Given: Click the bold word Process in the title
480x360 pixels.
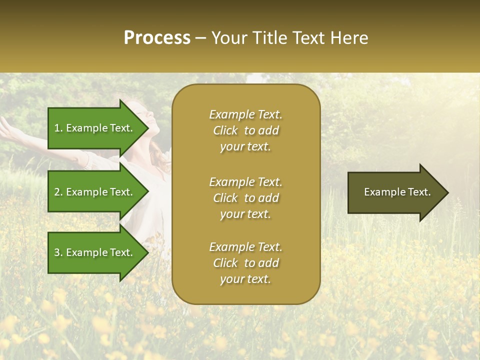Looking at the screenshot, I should pos(157,38).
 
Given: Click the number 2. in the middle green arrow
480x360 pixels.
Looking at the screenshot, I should pos(58,192).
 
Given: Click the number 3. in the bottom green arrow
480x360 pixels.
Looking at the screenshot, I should pos(58,252).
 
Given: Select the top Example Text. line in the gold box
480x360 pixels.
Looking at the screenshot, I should pos(246,114).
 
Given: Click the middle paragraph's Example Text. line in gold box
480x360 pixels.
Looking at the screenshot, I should pos(246,182).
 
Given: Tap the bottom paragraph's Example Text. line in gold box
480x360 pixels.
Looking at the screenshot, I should pos(246,247).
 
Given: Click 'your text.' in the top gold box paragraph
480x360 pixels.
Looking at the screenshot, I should pos(245,147).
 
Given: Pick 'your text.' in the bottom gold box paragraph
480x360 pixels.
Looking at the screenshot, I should pos(245,279).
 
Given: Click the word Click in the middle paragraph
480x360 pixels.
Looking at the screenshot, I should pos(225,198).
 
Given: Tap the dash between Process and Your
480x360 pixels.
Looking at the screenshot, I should pos(200,38).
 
